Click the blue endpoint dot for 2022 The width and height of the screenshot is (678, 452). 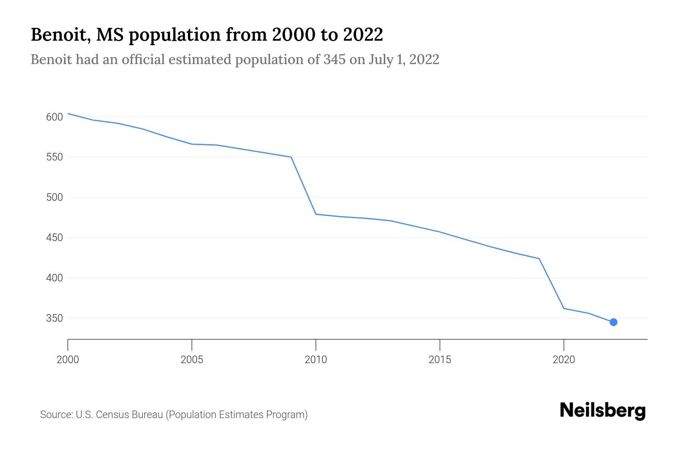click(613, 322)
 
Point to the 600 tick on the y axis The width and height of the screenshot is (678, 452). click(54, 117)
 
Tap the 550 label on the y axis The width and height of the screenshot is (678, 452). click(54, 157)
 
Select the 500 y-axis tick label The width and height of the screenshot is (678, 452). click(54, 198)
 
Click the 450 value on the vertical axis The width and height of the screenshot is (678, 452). click(54, 238)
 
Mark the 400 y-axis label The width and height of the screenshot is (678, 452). click(54, 278)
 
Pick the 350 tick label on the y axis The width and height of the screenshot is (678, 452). click(54, 319)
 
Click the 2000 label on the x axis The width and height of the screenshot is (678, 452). click(68, 360)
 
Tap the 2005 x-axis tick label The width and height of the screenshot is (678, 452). click(192, 360)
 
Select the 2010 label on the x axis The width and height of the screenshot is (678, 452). click(316, 360)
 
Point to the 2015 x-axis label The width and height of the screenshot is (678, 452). click(440, 360)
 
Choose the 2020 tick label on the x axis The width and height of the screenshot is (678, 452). click(563, 360)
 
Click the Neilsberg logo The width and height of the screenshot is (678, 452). click(603, 411)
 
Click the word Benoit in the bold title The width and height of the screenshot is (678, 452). click(60, 35)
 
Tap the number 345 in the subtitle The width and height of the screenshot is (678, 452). click(334, 60)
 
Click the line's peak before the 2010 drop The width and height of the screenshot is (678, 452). click(291, 157)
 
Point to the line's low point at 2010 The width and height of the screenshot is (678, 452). click(316, 214)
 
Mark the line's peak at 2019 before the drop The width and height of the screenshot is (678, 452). click(539, 258)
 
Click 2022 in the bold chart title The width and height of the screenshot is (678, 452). click(363, 35)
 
